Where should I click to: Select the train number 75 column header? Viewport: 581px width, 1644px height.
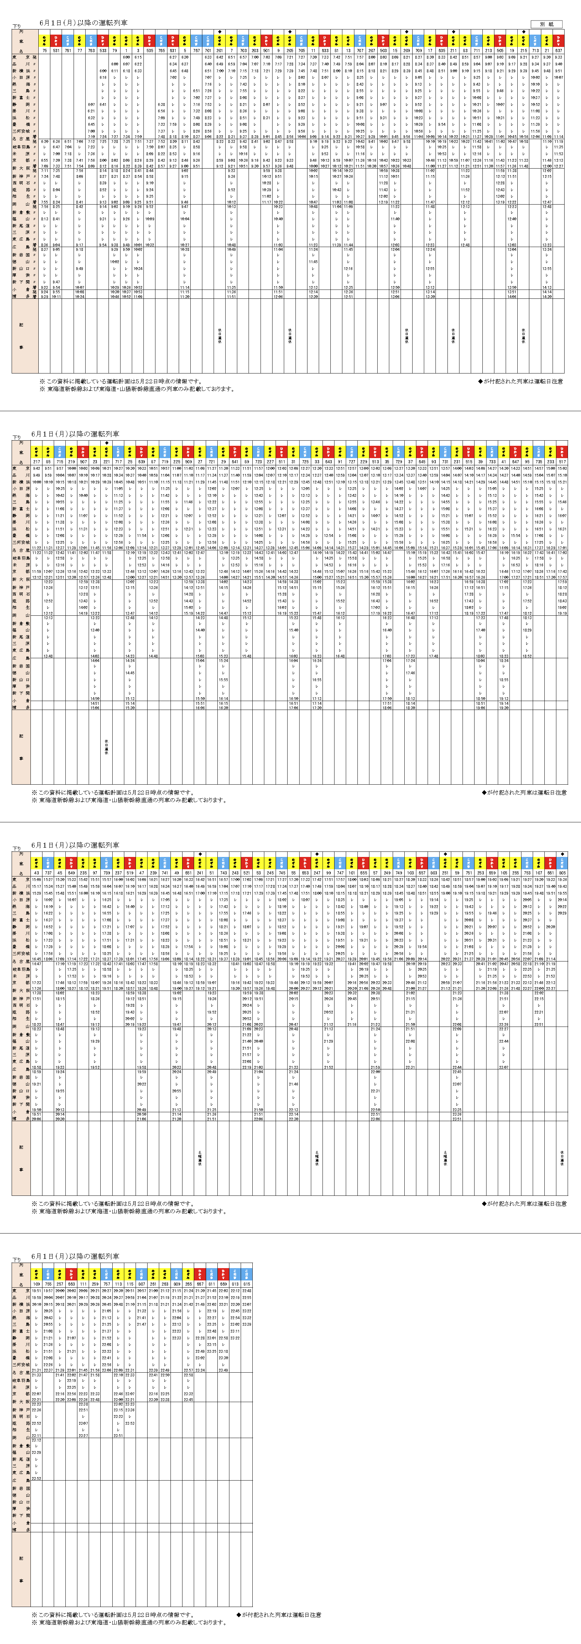click(x=45, y=50)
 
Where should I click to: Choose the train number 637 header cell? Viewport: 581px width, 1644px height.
click(x=559, y=50)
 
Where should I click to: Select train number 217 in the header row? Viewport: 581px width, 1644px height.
click(x=36, y=461)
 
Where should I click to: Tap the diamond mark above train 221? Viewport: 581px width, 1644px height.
click(x=106, y=442)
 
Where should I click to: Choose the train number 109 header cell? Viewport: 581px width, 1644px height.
click(x=36, y=1284)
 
